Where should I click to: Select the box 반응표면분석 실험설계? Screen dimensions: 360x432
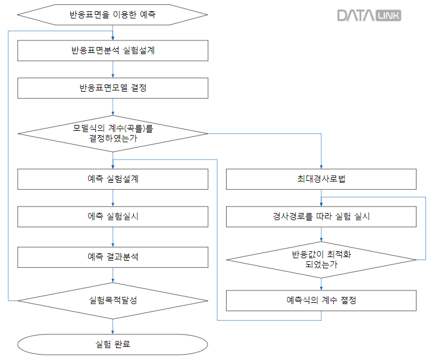(113, 51)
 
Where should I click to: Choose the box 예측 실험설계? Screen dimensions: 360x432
(113, 179)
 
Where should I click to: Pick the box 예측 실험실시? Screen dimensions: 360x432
(113, 216)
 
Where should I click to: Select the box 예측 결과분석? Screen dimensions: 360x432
(113, 256)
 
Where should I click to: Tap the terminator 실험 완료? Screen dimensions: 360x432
(113, 344)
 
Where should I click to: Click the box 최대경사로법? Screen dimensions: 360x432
(321, 179)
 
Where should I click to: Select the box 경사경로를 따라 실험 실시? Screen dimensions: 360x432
(321, 216)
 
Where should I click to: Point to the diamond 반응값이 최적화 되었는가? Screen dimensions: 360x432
(321, 259)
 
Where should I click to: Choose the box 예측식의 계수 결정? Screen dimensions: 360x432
(321, 300)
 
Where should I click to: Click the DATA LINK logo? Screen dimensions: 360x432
(369, 15)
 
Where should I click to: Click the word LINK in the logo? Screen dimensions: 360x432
(388, 16)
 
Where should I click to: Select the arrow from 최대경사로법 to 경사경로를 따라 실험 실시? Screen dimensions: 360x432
(321, 197)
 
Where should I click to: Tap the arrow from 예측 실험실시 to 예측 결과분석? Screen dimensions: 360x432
(113, 237)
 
